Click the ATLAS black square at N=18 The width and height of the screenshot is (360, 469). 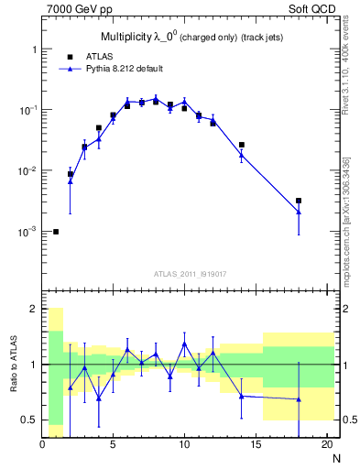point(299,201)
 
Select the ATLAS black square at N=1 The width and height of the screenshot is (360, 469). point(56,232)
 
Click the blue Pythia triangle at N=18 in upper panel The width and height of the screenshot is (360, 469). point(299,212)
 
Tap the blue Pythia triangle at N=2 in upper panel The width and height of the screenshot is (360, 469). point(71,181)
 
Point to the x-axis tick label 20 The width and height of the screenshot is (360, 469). point(326,444)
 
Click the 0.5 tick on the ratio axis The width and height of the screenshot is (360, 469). point(30,420)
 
